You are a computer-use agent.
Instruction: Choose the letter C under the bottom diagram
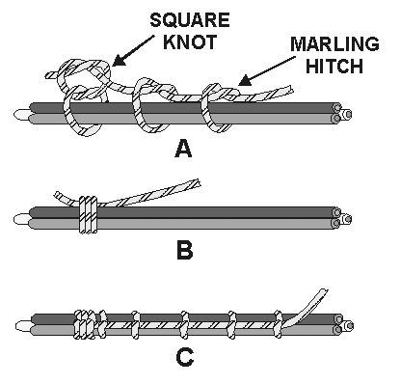(183, 359)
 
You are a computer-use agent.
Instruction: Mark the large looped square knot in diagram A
(81, 82)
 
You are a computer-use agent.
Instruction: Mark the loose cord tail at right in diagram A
(270, 93)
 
